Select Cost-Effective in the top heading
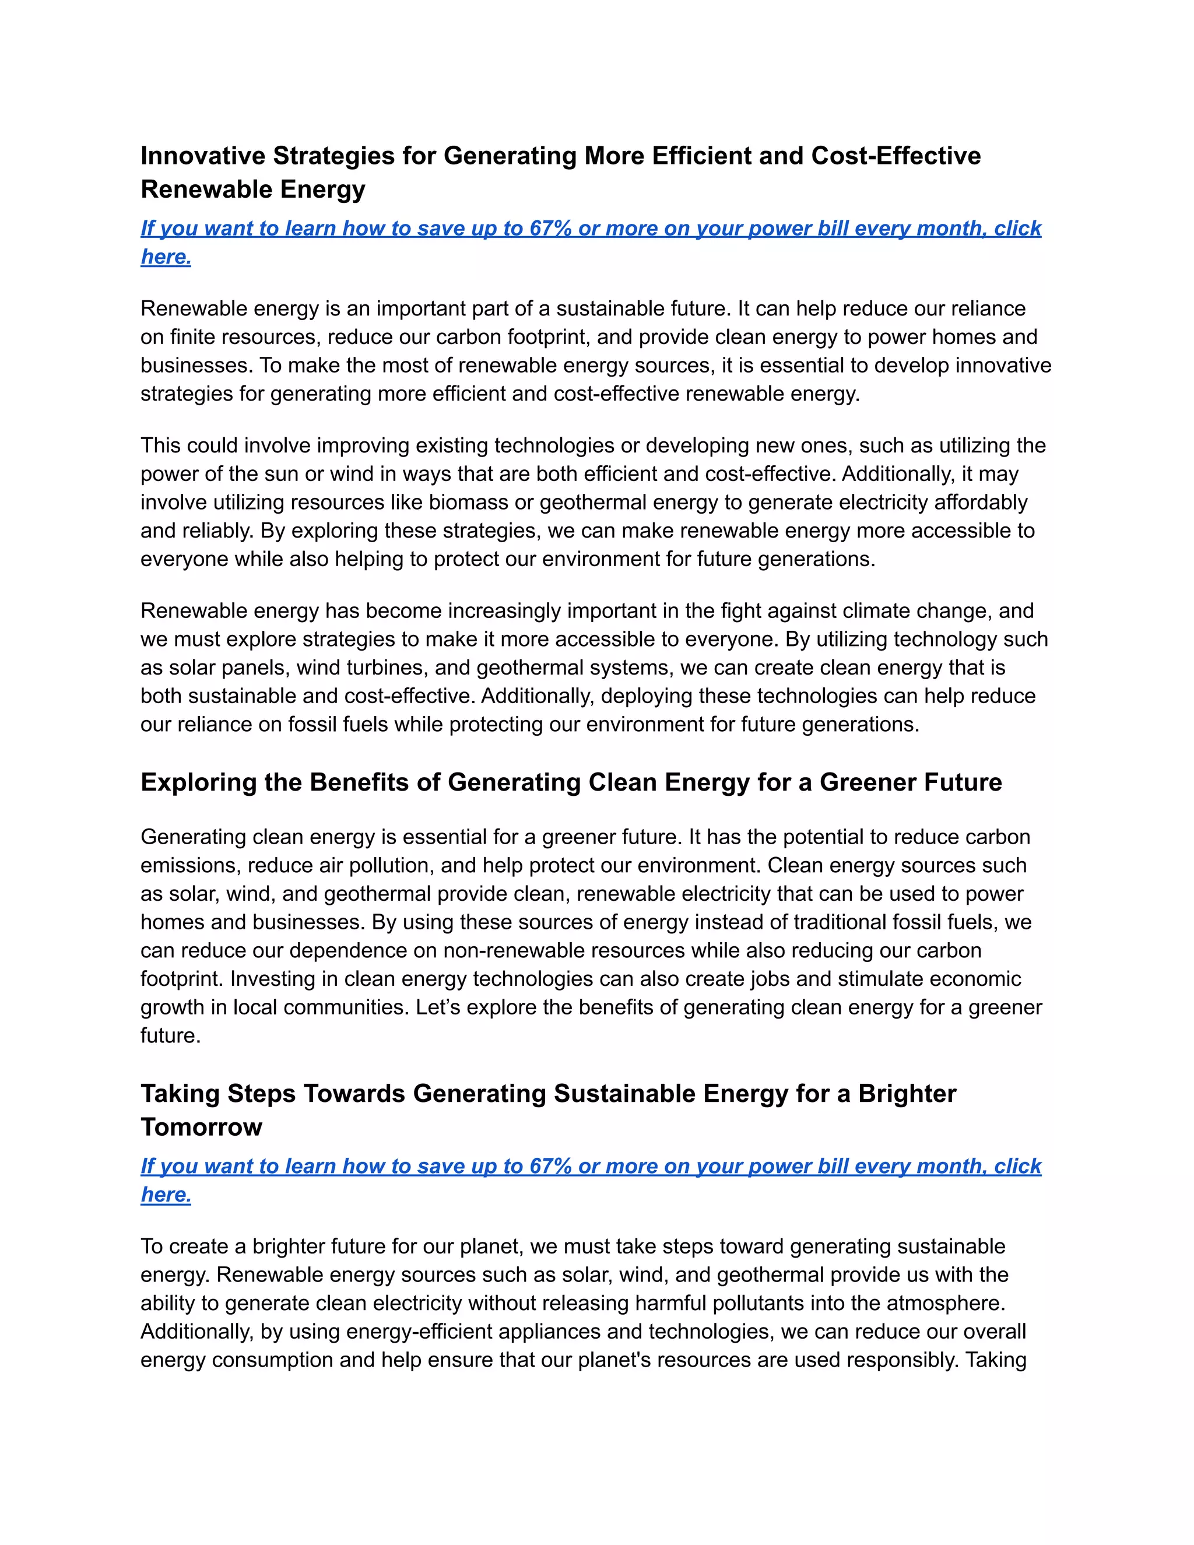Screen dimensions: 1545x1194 coord(895,156)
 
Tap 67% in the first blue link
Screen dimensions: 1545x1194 coord(550,229)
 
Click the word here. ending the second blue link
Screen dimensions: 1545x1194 coord(166,1195)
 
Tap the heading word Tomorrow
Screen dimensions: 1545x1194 coord(201,1127)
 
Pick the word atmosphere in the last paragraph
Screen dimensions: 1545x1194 coord(944,1303)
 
